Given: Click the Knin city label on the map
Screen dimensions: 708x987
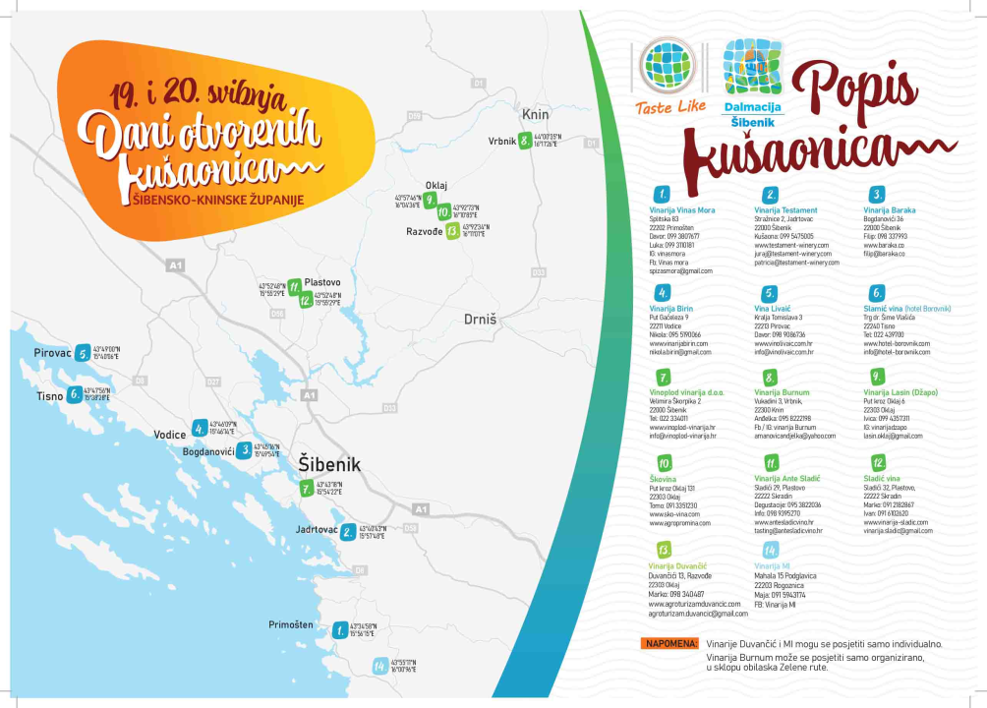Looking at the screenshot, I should tap(535, 114).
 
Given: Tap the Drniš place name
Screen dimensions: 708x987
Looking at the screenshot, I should tap(482, 320).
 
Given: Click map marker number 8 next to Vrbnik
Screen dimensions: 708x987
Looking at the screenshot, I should tap(526, 141).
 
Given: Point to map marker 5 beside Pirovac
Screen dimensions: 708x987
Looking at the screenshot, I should tap(83, 353).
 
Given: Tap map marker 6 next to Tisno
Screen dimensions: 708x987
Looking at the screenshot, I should tap(75, 395).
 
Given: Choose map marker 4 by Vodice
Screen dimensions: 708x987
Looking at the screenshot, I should tap(200, 428).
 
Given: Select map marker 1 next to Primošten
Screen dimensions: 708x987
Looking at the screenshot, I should tap(339, 629).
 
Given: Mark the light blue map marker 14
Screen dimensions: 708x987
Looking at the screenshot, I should tap(378, 666).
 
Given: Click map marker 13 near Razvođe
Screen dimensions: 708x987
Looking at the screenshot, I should tap(451, 232).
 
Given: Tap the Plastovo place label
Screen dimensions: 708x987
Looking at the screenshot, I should tap(322, 282).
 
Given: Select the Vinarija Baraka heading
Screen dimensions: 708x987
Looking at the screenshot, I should tap(890, 210).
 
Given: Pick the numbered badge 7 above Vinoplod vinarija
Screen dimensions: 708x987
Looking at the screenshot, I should tap(665, 377).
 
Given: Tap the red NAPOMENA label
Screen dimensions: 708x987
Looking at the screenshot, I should tap(670, 644).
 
